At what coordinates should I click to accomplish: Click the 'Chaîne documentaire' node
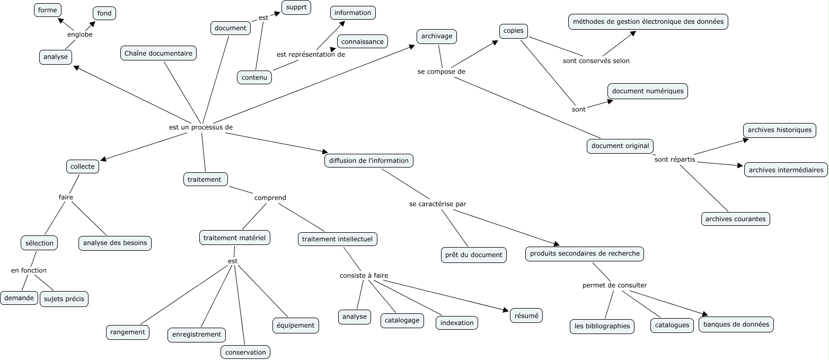click(x=158, y=53)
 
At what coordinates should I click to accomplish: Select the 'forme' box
click(x=48, y=10)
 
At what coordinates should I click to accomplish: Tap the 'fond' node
click(x=104, y=13)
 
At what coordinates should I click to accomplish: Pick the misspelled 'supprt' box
click(x=296, y=7)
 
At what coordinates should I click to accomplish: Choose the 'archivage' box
click(x=436, y=36)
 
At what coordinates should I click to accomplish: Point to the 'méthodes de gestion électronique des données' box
click(x=648, y=22)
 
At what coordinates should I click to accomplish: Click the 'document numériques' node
click(x=648, y=91)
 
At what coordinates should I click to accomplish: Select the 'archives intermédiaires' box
click(x=786, y=170)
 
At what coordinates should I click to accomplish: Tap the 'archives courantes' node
click(x=735, y=219)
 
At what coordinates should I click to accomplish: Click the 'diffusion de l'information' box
click(x=368, y=161)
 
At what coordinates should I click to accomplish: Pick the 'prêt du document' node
click(x=473, y=255)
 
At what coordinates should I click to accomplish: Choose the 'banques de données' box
click(x=736, y=324)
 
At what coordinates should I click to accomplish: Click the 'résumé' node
click(x=526, y=315)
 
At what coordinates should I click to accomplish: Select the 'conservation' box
click(x=245, y=352)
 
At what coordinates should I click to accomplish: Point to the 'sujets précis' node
click(x=65, y=299)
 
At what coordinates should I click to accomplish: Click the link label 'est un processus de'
click(x=201, y=127)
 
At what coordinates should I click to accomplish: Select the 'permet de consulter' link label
click(x=614, y=285)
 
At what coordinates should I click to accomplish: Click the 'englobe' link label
click(x=80, y=34)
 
